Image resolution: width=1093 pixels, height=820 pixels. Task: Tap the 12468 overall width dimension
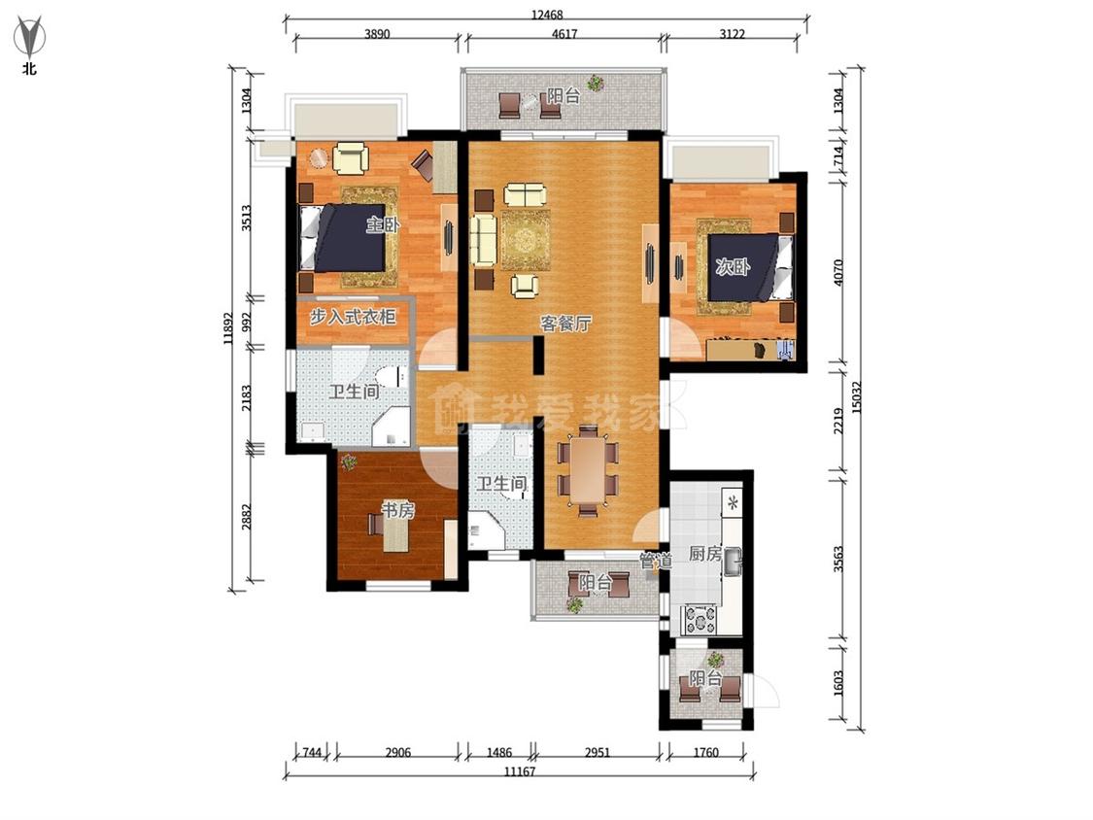[546, 14]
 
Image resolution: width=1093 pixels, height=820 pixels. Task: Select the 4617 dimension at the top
[564, 33]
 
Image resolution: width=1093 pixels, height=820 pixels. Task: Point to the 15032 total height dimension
[857, 396]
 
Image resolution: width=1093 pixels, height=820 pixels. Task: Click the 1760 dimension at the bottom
[705, 752]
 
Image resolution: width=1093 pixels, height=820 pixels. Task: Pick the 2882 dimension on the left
[247, 517]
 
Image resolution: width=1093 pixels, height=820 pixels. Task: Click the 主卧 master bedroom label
[383, 224]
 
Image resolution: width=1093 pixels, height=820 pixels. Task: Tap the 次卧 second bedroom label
[733, 266]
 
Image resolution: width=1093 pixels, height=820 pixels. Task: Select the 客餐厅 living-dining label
[566, 323]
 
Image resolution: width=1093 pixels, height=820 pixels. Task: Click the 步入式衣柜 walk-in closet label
[353, 318]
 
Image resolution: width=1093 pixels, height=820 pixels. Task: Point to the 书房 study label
[398, 510]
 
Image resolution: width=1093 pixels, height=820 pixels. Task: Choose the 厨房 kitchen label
[704, 554]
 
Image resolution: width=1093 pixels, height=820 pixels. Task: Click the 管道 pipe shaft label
[655, 560]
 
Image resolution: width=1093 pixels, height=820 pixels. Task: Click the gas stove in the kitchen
[700, 619]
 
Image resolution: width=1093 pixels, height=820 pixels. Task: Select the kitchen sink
[732, 563]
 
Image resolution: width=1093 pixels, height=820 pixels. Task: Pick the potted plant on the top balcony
[595, 83]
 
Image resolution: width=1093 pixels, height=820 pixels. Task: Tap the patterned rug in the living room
[526, 240]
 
